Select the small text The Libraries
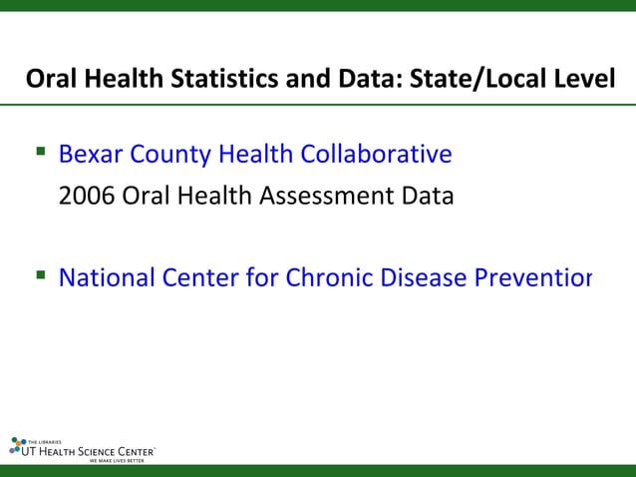(x=45, y=440)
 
